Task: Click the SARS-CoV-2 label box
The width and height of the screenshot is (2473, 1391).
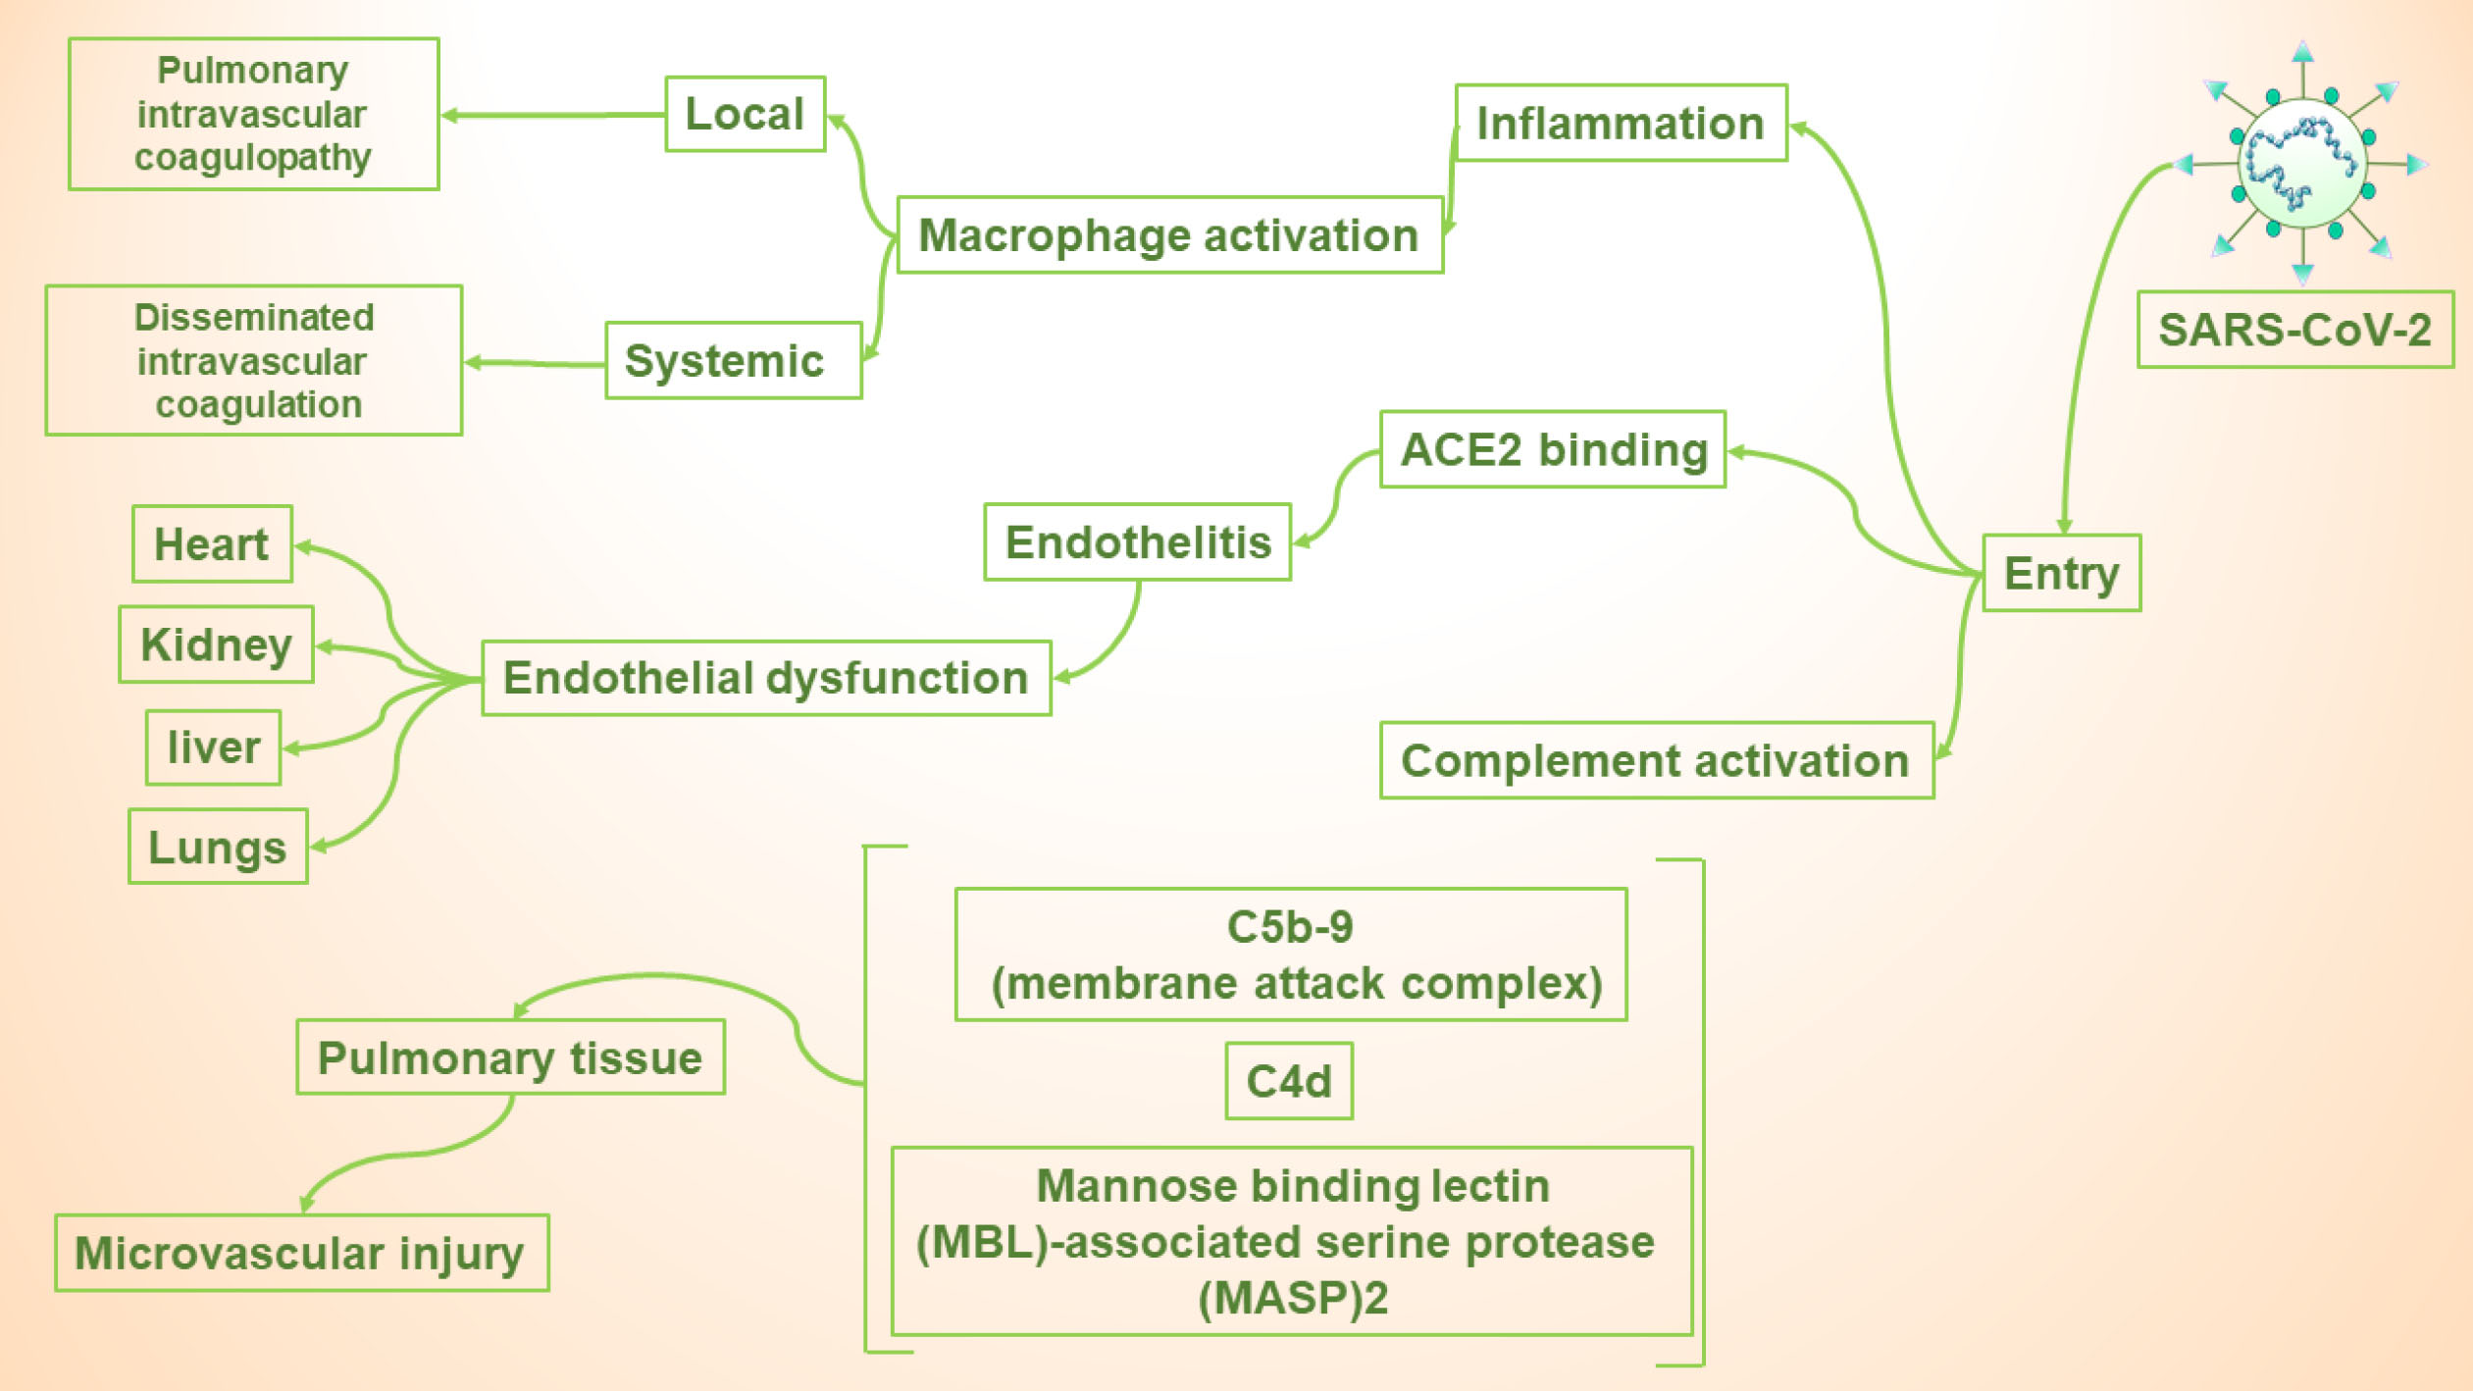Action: pos(2294,330)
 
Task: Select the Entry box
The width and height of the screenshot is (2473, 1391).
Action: pos(2061,573)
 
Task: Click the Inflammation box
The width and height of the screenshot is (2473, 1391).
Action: pos(1621,124)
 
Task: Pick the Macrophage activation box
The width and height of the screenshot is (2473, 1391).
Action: pos(1169,235)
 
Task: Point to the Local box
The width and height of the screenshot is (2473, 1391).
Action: pos(745,114)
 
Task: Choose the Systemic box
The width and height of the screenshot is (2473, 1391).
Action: pos(733,361)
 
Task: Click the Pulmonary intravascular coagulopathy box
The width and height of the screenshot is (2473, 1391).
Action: pos(253,114)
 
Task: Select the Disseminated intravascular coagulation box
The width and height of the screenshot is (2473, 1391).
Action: pos(253,360)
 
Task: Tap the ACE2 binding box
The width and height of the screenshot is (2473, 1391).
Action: pos(1553,449)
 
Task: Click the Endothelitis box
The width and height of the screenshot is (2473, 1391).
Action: pos(1137,542)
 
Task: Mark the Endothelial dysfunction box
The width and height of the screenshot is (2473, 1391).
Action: pos(766,678)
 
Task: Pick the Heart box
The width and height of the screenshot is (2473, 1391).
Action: pos(212,544)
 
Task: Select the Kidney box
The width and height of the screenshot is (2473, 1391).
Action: pos(216,644)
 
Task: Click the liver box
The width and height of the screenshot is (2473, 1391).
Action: pos(213,747)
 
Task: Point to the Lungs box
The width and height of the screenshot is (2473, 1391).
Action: pos(218,847)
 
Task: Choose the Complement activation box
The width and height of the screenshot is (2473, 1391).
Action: pos(1656,761)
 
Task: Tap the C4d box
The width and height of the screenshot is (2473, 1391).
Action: pos(1289,1081)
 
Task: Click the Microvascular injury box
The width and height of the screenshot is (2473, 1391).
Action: pos(301,1253)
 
